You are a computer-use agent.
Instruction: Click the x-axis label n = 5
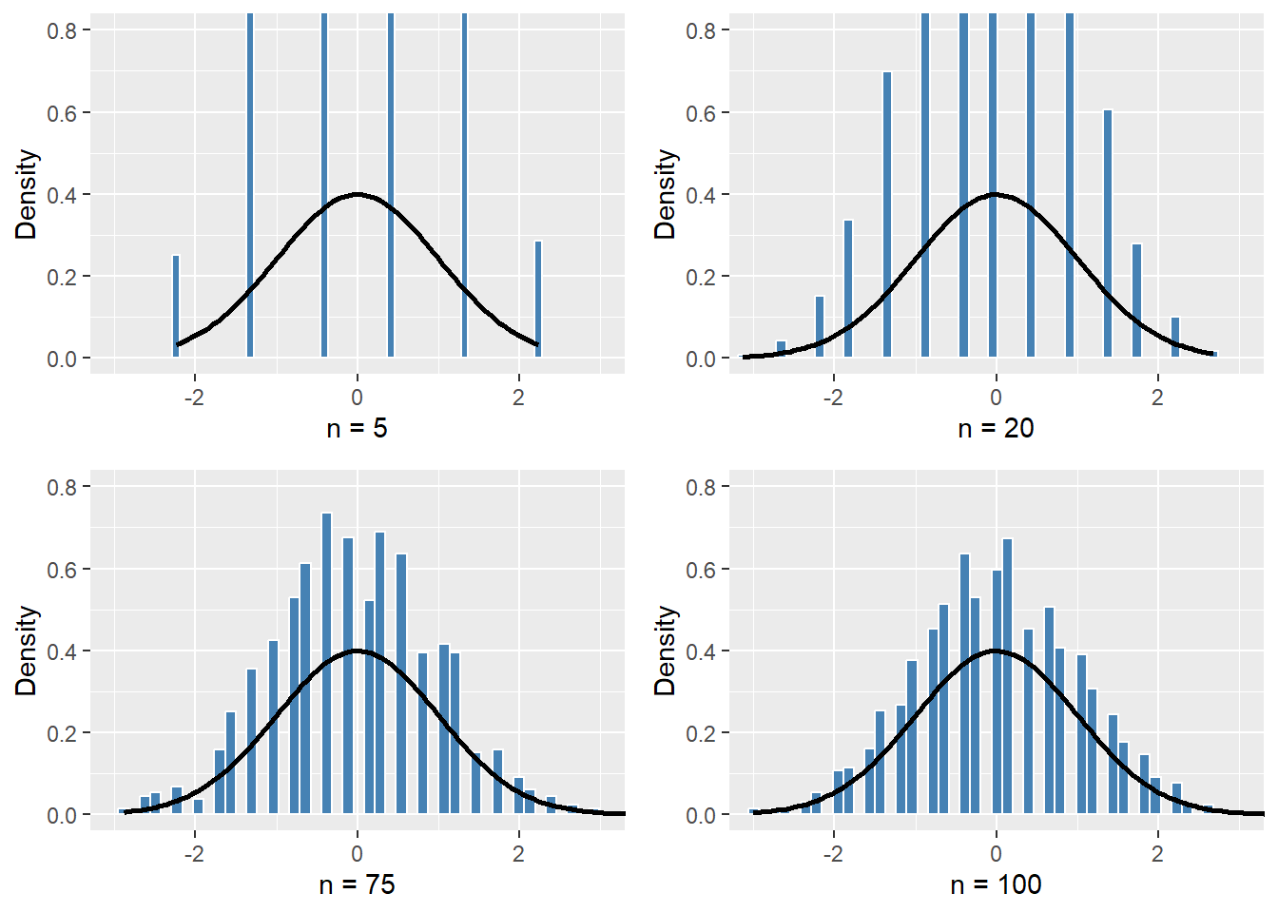coord(357,429)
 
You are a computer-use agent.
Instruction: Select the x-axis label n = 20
coord(996,429)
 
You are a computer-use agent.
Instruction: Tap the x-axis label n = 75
coord(357,885)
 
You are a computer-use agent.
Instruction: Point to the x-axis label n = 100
coord(996,885)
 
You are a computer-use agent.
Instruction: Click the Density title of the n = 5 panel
coord(27,194)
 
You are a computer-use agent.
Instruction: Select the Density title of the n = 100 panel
coord(666,651)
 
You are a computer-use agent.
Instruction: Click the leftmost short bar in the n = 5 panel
coord(176,306)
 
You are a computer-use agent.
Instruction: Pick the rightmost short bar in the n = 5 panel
coord(538,300)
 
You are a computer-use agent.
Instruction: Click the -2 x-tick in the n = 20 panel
coord(833,398)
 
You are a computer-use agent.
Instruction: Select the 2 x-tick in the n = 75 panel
coord(518,854)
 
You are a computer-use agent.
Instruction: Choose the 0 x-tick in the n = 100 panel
coord(996,854)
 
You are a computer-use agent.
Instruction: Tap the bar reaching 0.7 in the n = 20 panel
coord(887,214)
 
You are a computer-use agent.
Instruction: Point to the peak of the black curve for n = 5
coord(357,194)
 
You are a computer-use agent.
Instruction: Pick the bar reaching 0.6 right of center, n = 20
coord(1108,233)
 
